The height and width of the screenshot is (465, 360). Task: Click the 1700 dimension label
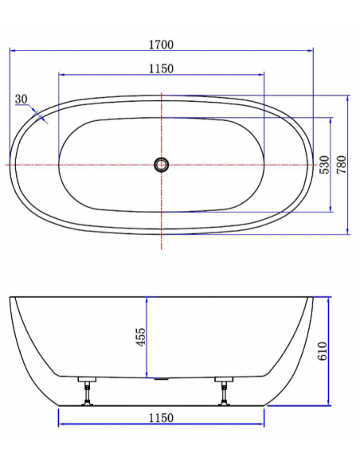(161, 45)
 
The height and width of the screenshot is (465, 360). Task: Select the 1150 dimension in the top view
(161, 68)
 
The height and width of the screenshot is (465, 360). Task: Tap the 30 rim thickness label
(21, 99)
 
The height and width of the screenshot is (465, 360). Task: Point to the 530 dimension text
(324, 165)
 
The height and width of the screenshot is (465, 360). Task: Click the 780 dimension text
(342, 165)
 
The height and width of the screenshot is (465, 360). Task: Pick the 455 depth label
(140, 337)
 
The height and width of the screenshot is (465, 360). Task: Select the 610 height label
(323, 351)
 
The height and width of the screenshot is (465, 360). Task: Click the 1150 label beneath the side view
(161, 418)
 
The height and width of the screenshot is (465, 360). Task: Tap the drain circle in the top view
(162, 164)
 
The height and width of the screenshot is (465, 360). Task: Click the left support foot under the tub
(88, 391)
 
